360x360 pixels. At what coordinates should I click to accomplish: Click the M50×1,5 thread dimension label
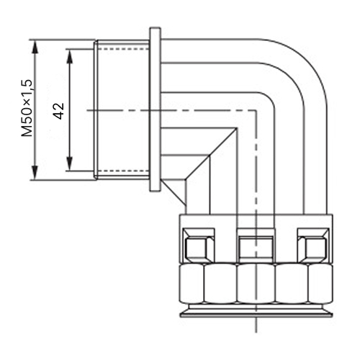[27, 108]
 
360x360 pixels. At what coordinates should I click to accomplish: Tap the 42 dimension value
[59, 111]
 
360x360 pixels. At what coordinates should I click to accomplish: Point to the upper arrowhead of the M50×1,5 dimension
[35, 47]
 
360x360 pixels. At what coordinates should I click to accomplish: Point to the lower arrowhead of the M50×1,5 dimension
[35, 173]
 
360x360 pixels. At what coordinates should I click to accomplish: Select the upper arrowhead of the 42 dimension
[70, 57]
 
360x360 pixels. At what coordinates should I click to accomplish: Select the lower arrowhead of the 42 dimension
[70, 163]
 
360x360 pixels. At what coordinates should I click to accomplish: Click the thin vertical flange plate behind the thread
[155, 109]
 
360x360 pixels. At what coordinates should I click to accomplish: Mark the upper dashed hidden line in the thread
[123, 49]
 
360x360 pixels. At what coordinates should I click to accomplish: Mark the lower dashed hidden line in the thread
[123, 171]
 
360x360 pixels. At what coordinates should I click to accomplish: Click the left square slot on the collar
[199, 245]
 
